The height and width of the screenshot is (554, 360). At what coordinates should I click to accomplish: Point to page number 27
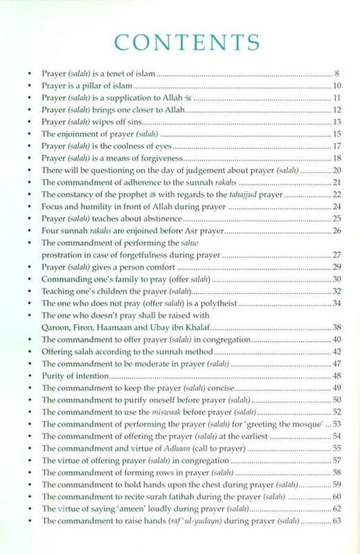click(337, 254)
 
